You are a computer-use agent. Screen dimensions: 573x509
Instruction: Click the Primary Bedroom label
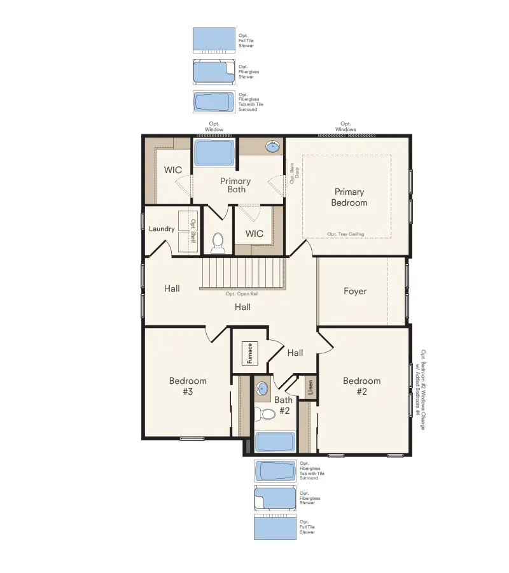pos(349,197)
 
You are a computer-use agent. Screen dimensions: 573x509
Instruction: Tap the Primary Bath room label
pos(235,185)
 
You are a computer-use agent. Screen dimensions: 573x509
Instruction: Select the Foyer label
pos(355,291)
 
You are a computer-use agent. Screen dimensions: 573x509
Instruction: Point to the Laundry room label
pos(162,229)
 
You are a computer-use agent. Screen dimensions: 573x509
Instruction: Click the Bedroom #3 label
pos(188,386)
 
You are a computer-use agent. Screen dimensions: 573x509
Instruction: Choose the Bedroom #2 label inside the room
pos(361,386)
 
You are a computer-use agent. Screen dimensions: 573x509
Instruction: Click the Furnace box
pos(250,353)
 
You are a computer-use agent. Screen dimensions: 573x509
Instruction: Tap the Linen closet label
pos(310,388)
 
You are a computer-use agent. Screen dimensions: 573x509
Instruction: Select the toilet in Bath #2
pos(266,414)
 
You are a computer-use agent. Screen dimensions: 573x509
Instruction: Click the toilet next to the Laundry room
pos(218,241)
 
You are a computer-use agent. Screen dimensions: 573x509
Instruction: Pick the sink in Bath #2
pos(263,385)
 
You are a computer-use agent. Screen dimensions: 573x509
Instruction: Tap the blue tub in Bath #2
pos(275,442)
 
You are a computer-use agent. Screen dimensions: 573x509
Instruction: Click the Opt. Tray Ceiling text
pos(345,234)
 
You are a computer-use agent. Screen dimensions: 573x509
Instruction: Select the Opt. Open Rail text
pos(242,294)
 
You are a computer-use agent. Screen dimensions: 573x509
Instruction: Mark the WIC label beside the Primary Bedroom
pos(254,234)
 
